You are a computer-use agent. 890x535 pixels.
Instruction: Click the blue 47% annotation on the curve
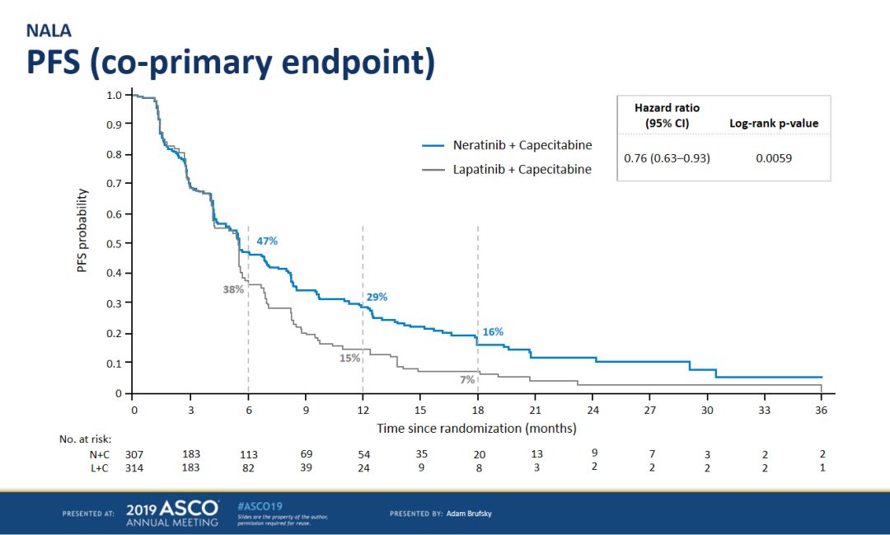pyautogui.click(x=267, y=241)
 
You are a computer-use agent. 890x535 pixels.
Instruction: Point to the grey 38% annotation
pyautogui.click(x=233, y=289)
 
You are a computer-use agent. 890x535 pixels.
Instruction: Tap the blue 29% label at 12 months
pyautogui.click(x=377, y=297)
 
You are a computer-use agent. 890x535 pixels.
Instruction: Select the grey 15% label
pyautogui.click(x=349, y=359)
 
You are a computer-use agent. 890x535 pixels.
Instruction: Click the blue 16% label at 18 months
pyautogui.click(x=494, y=331)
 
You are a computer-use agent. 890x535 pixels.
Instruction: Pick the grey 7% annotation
pyautogui.click(x=467, y=379)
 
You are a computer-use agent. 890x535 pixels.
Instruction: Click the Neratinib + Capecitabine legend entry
pyautogui.click(x=507, y=145)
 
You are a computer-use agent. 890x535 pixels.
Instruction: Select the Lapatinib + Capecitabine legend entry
pyautogui.click(x=507, y=169)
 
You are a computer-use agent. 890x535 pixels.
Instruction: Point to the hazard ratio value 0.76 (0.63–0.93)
pyautogui.click(x=667, y=158)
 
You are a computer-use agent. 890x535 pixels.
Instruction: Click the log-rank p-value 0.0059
pyautogui.click(x=774, y=158)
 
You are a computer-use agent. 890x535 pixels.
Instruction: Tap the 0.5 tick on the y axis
pyautogui.click(x=115, y=244)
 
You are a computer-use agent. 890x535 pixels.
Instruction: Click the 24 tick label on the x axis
pyautogui.click(x=593, y=410)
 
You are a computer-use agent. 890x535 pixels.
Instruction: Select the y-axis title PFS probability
pyautogui.click(x=82, y=231)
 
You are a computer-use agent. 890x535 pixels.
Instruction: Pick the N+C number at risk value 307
pyautogui.click(x=134, y=454)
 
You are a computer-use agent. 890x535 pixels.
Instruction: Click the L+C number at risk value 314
pyautogui.click(x=134, y=468)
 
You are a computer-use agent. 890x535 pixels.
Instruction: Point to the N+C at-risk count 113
pyautogui.click(x=249, y=454)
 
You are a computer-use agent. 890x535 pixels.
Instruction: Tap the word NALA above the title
pyautogui.click(x=49, y=31)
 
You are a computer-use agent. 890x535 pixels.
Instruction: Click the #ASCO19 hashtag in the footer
pyautogui.click(x=260, y=506)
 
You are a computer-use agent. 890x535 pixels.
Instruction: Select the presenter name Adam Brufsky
pyautogui.click(x=469, y=514)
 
